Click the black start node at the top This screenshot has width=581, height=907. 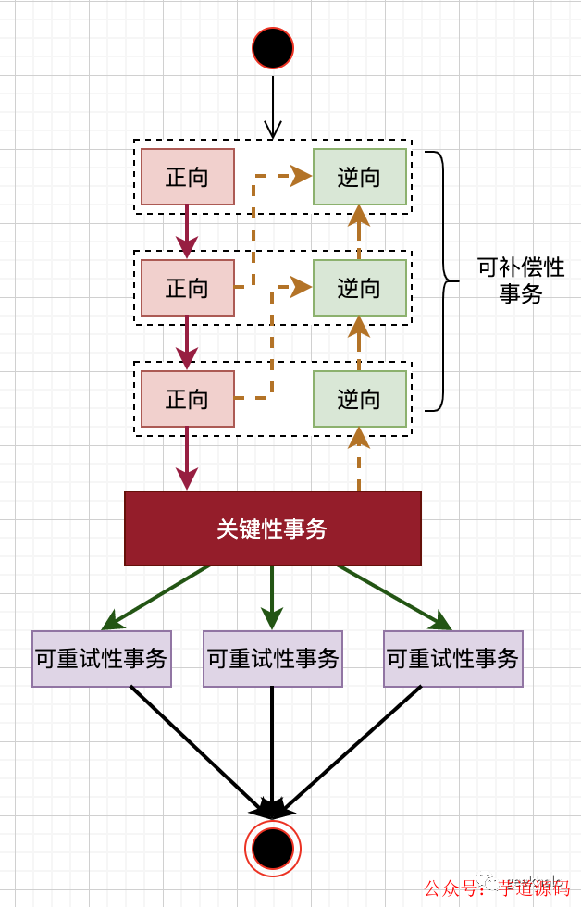tap(273, 48)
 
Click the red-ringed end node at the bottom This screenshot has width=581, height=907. tap(273, 847)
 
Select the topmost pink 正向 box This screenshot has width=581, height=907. tap(188, 177)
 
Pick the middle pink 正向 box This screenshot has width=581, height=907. tap(188, 288)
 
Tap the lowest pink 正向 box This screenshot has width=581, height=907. tap(188, 399)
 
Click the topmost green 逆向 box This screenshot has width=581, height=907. tap(360, 177)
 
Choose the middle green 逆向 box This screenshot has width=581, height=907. tap(360, 288)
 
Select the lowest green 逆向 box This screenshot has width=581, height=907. tap(360, 399)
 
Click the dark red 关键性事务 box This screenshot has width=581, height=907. tap(273, 528)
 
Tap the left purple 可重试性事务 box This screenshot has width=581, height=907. tap(102, 659)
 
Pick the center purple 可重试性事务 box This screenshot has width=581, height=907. tap(273, 659)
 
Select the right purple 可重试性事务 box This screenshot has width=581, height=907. tap(453, 659)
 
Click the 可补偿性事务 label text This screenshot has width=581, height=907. tap(521, 280)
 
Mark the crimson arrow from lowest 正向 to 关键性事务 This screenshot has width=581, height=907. tap(188, 458)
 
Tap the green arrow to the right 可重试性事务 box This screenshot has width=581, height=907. tap(392, 596)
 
